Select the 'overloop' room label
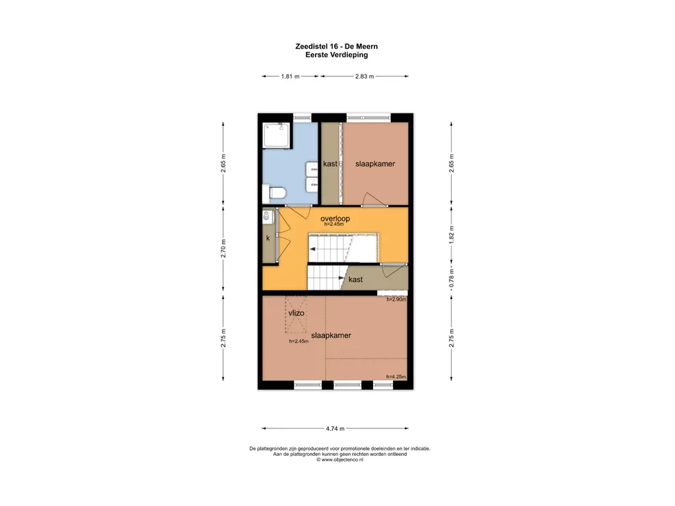pyautogui.click(x=335, y=219)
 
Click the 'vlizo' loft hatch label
pyautogui.click(x=296, y=313)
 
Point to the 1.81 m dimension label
pyautogui.click(x=290, y=76)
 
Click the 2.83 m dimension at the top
pyautogui.click(x=364, y=76)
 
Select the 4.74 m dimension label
pyautogui.click(x=335, y=428)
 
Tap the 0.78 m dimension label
pyautogui.click(x=451, y=279)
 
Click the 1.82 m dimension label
pyautogui.click(x=451, y=235)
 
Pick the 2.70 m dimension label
pyautogui.click(x=223, y=248)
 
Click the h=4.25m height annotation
pyautogui.click(x=396, y=377)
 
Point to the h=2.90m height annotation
pyautogui.click(x=396, y=300)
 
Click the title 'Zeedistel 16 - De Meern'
pyautogui.click(x=337, y=47)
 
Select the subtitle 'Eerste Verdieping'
pyautogui.click(x=337, y=55)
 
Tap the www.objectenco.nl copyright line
pyautogui.click(x=339, y=459)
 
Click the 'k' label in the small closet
pyautogui.click(x=268, y=238)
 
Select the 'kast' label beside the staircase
pyautogui.click(x=355, y=279)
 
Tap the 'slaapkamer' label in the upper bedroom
pyautogui.click(x=375, y=164)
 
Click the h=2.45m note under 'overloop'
pyautogui.click(x=334, y=224)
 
